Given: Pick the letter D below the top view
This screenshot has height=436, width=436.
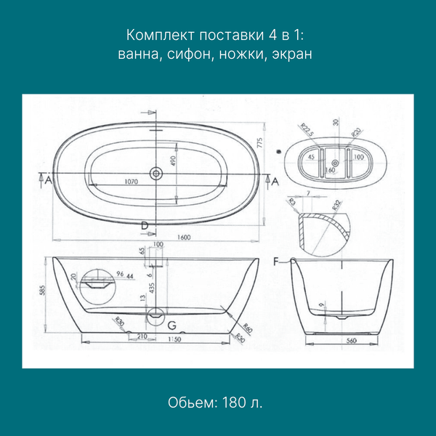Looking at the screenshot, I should pyautogui.click(x=145, y=226).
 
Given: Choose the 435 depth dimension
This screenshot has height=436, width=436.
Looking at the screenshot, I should pyautogui.click(x=152, y=288).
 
